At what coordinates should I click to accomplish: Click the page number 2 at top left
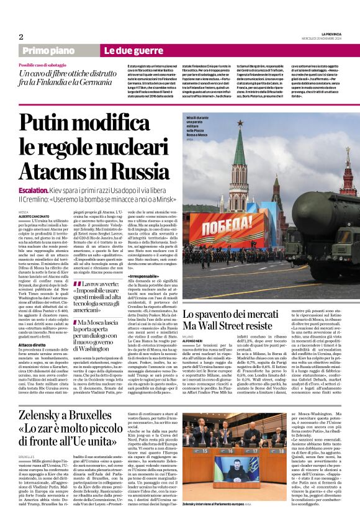point(21,37)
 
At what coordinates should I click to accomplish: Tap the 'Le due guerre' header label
point(125,50)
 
